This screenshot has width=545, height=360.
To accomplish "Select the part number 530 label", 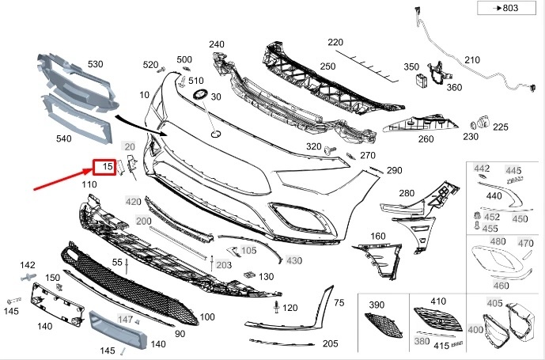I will [x=96, y=64].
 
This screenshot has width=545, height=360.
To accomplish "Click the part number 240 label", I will [x=217, y=44].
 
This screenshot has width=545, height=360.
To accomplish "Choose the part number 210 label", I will [x=472, y=60].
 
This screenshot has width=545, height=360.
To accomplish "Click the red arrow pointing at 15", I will [x=63, y=180].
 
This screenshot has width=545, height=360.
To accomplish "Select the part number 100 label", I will [x=207, y=317].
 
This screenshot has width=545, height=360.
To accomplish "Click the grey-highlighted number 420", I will [x=133, y=201].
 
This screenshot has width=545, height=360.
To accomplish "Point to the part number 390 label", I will [x=377, y=305].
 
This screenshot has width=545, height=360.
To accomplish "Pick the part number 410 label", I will [x=439, y=301].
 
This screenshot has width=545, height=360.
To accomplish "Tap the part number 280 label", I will [x=407, y=194].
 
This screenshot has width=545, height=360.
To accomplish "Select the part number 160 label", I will [x=378, y=237].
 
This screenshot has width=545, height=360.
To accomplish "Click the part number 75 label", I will [x=339, y=303].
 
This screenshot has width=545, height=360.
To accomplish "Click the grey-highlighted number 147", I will [x=126, y=319].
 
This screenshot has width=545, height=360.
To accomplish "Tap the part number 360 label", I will [x=453, y=87].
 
